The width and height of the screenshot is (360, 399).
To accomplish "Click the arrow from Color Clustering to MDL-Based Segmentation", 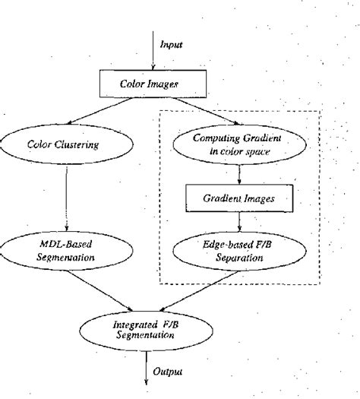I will tap(68, 198).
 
